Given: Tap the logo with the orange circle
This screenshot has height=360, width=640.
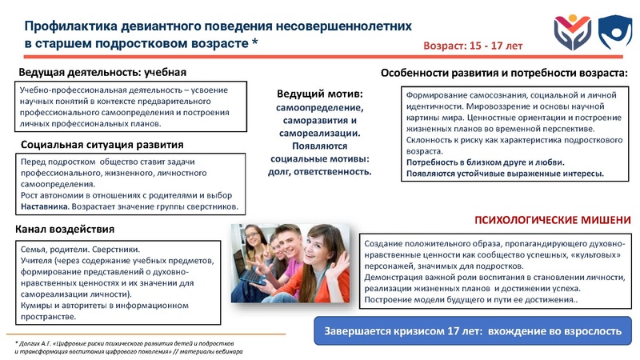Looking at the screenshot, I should pyautogui.click(x=571, y=31).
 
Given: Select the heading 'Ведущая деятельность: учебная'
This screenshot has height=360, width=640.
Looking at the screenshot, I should pyautogui.click(x=102, y=74).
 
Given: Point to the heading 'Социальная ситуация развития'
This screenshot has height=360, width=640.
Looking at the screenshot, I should pyautogui.click(x=102, y=145).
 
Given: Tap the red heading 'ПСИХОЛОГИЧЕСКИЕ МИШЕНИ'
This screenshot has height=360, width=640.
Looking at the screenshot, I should pyautogui.click(x=553, y=219).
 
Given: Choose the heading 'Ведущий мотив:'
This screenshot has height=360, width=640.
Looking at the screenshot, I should pyautogui.click(x=320, y=94).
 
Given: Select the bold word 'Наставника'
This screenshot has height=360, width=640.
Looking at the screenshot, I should pyautogui.click(x=44, y=207).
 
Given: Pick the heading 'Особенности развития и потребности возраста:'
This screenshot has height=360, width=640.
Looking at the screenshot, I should pyautogui.click(x=503, y=73).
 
